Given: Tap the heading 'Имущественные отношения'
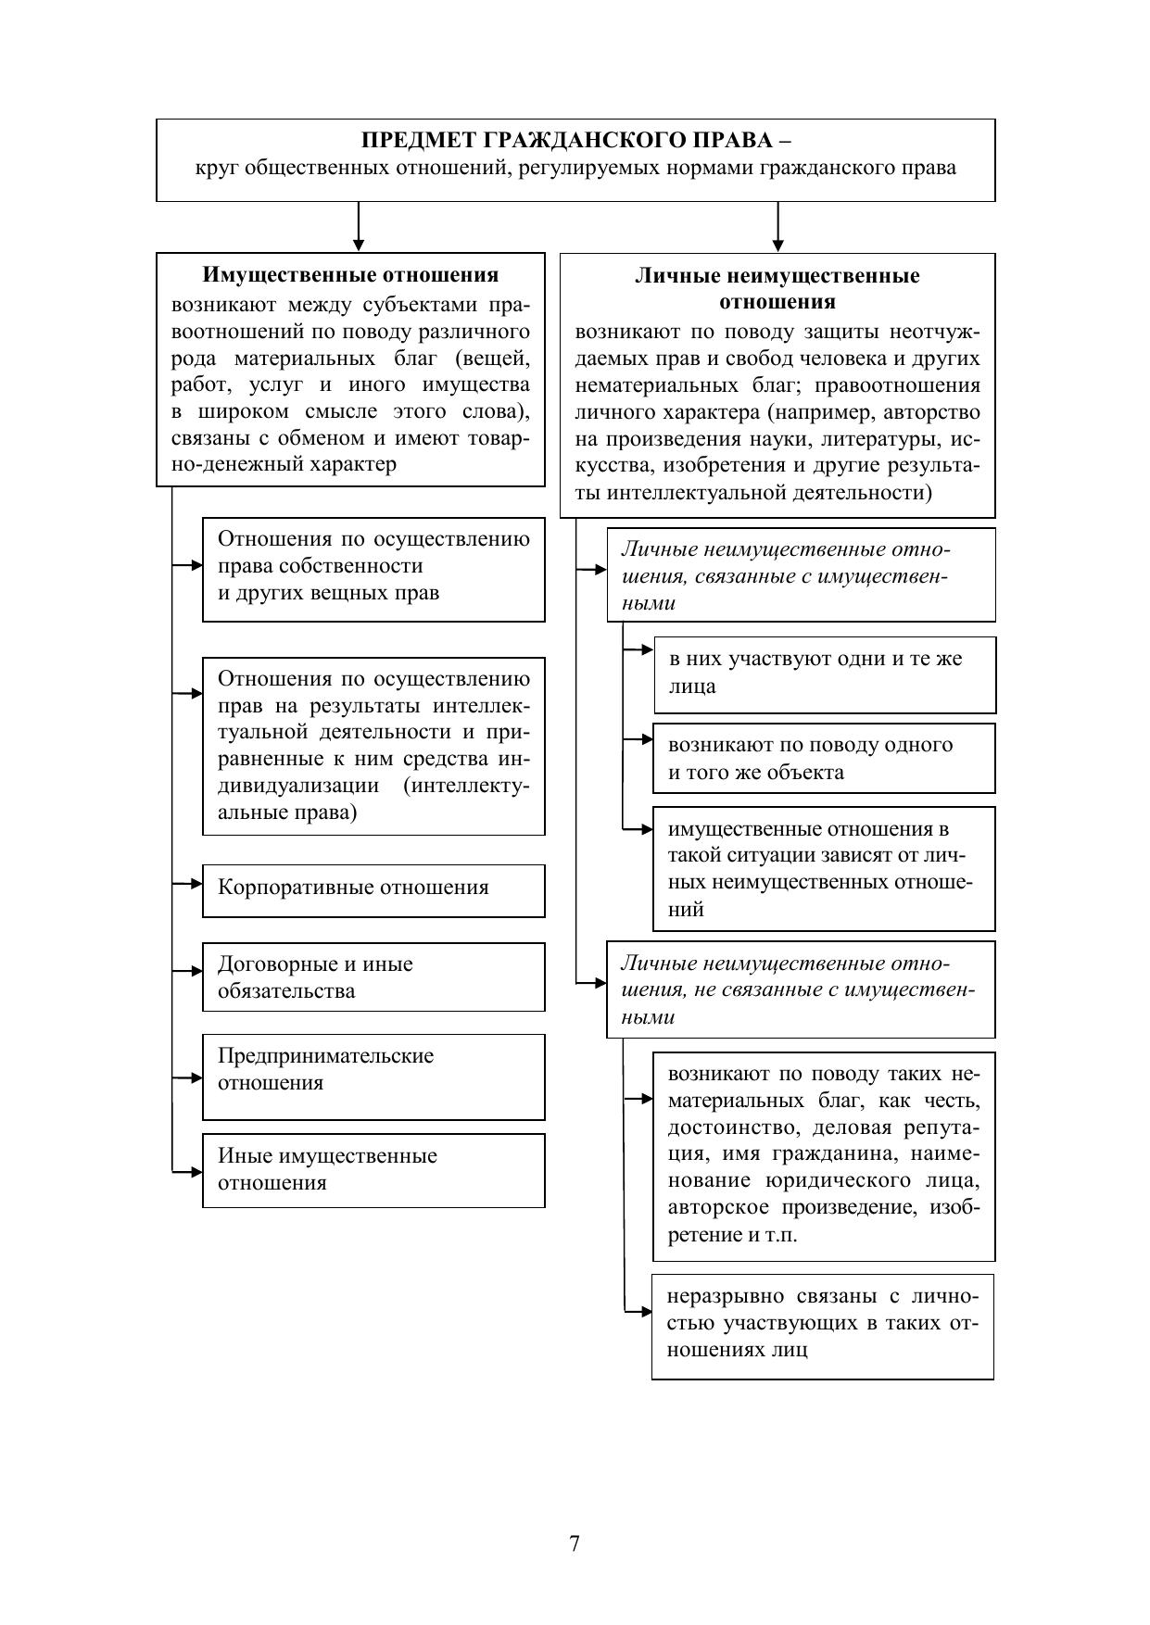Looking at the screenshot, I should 350,275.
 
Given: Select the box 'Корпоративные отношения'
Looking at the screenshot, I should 373,890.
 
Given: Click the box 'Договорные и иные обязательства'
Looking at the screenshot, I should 373,977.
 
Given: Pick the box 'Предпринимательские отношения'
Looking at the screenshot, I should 373,1077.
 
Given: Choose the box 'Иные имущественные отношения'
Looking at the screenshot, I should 373,1170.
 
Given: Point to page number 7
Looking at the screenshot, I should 575,1543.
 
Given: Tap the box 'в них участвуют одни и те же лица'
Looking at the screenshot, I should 824,674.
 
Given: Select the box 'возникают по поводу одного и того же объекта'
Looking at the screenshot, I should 824,759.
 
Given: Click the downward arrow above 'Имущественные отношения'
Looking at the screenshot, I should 359,227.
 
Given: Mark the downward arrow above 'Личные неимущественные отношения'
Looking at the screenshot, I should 777,227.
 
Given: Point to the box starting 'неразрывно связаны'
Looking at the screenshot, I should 822,1326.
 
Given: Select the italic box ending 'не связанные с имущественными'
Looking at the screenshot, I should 801,989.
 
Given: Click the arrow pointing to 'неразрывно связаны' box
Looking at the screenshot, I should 638,1311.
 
